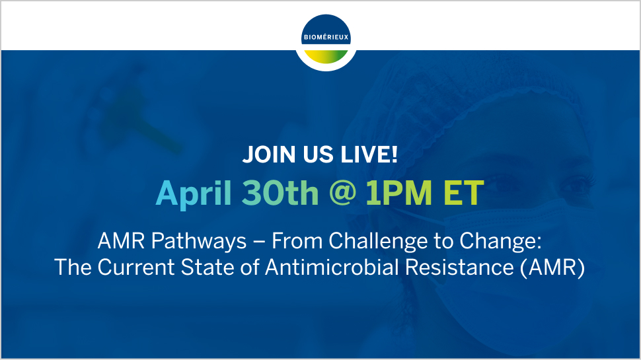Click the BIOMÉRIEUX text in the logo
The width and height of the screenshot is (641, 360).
[326, 37]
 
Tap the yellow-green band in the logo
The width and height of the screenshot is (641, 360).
[326, 56]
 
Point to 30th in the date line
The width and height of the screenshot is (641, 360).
[280, 192]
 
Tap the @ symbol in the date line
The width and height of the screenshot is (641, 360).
[342, 192]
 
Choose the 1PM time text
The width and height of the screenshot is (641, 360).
[398, 192]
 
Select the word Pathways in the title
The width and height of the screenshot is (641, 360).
[199, 240]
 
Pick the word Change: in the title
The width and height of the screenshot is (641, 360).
[500, 240]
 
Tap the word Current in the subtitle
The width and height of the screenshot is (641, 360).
[135, 268]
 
